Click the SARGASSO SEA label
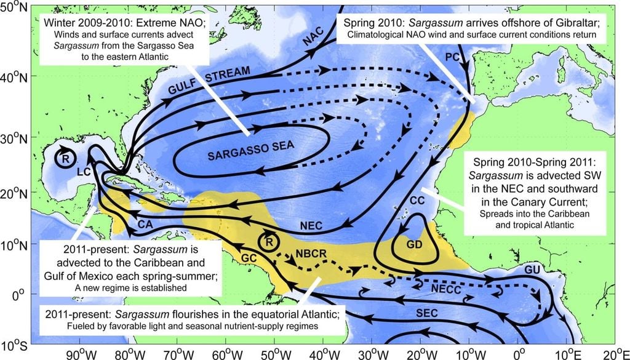[251, 147]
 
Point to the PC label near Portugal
[452, 56]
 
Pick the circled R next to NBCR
[268, 241]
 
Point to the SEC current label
[424, 314]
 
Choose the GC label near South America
[249, 257]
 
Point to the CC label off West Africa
[418, 201]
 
